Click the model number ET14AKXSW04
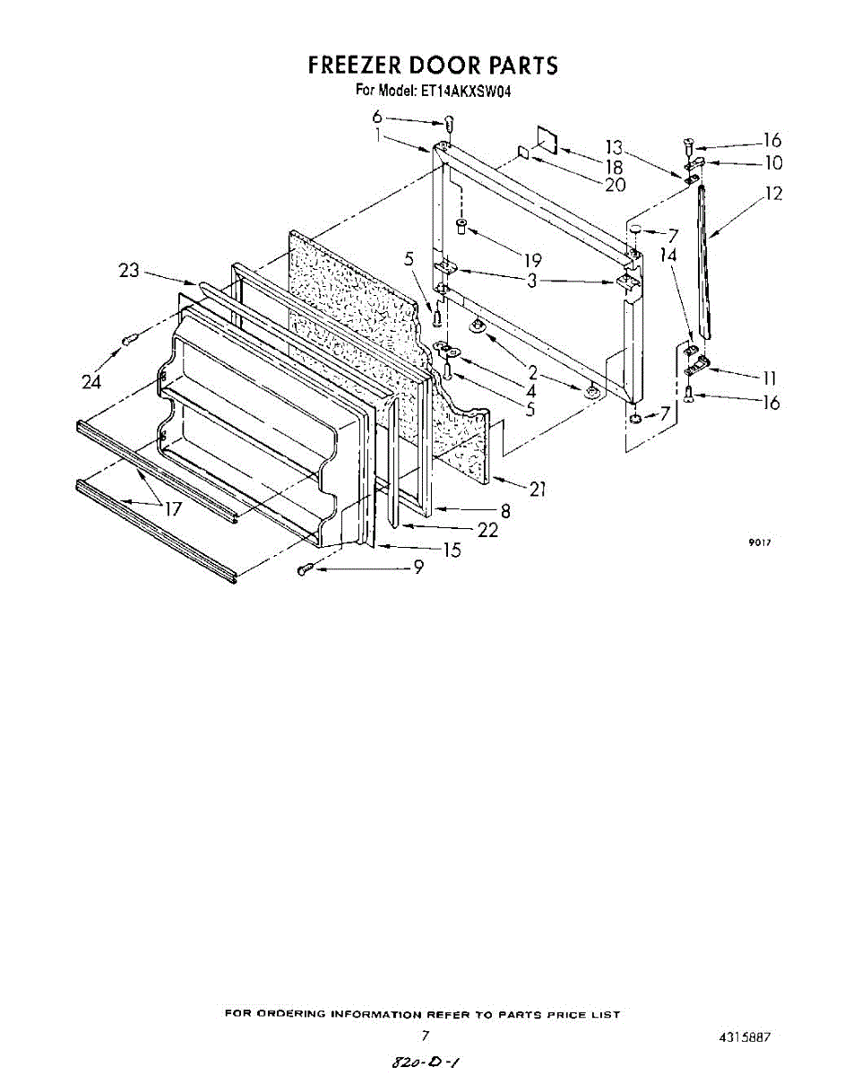coord(466,91)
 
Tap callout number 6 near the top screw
coord(377,117)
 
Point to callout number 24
coord(90,382)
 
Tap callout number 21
coord(538,489)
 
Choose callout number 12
coord(772,194)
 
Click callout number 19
coord(532,261)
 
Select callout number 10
coord(772,163)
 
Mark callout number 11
coord(768,378)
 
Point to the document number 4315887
coord(744,1037)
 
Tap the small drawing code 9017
coord(760,542)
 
